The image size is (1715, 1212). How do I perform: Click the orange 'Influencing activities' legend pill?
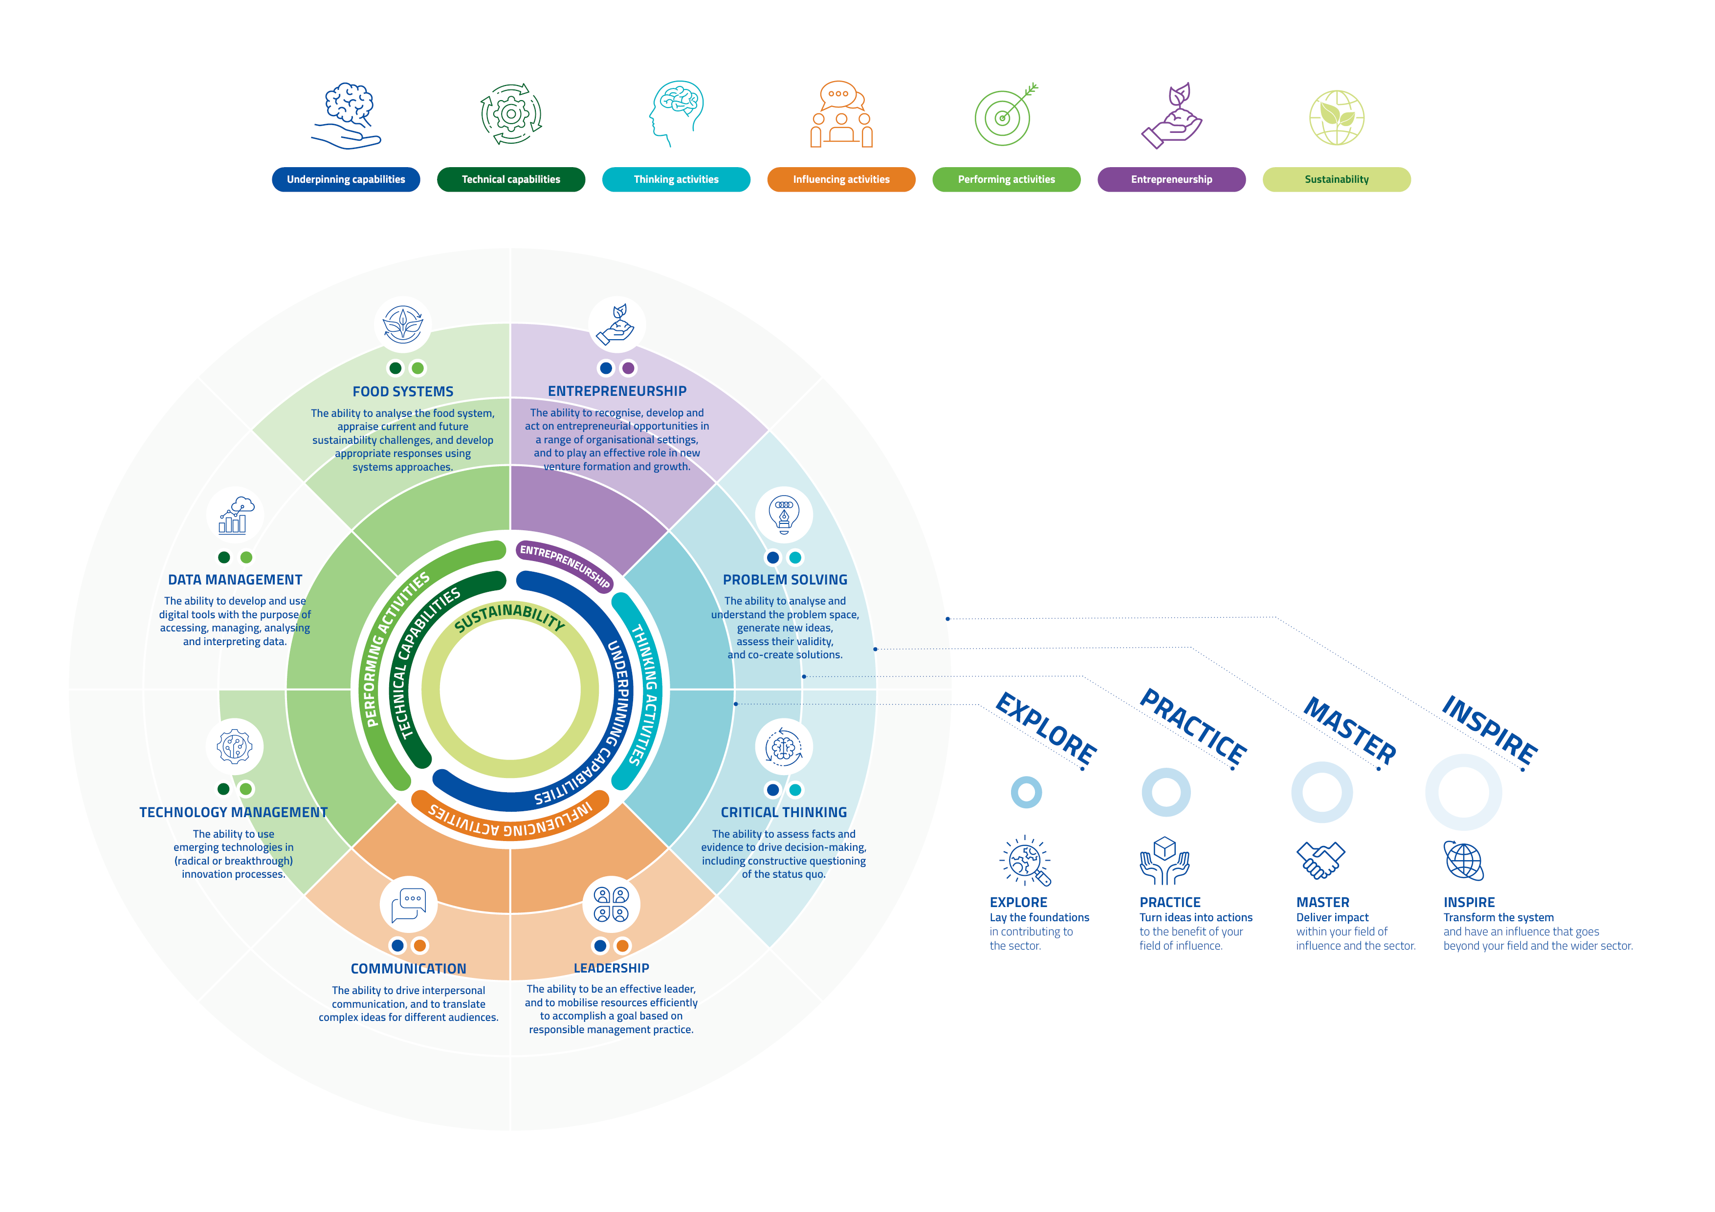(x=841, y=179)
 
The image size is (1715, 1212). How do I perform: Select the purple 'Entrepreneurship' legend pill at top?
(x=1171, y=179)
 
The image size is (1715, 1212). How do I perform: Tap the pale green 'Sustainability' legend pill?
(x=1336, y=179)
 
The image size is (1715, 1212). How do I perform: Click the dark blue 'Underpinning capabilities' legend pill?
(x=346, y=179)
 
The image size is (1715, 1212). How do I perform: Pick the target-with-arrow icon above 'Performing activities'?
(x=1006, y=114)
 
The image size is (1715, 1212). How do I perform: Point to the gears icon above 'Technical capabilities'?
(x=511, y=114)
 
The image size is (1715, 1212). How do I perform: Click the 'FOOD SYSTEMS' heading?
(x=403, y=391)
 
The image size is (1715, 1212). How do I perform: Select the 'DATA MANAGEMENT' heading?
(x=235, y=580)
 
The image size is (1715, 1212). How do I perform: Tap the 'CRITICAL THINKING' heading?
(x=784, y=813)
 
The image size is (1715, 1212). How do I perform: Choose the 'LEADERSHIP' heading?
(x=611, y=968)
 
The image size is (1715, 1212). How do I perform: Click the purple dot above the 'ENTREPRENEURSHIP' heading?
(x=629, y=368)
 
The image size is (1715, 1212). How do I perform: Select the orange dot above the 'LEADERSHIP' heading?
(x=622, y=945)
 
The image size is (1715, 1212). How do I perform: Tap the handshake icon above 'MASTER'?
(x=1320, y=860)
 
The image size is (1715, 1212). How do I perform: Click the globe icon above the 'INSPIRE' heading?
(x=1463, y=861)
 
